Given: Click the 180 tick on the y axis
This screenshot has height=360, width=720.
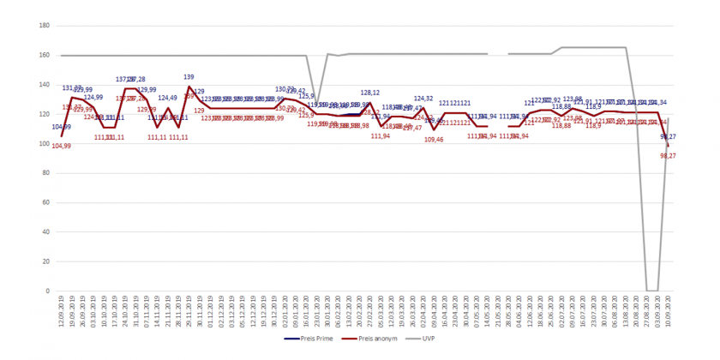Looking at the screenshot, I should click(x=43, y=26).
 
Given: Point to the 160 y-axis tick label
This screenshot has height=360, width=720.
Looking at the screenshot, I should click(x=43, y=56).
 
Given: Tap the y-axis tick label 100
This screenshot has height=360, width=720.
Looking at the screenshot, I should click(x=43, y=144).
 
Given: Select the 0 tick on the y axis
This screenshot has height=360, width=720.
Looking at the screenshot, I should click(x=47, y=291).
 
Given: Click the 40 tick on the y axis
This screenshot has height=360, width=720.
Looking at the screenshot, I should click(x=45, y=232).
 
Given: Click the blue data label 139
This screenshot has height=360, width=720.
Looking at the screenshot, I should click(x=189, y=77).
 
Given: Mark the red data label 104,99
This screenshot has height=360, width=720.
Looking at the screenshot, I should click(x=62, y=146).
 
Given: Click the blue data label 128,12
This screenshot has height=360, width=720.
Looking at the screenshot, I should click(x=370, y=92).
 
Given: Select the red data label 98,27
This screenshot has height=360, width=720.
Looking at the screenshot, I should click(x=665, y=156).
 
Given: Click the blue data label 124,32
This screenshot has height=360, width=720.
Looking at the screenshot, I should click(x=423, y=99).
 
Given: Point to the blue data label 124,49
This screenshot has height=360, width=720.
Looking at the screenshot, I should click(x=167, y=98).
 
